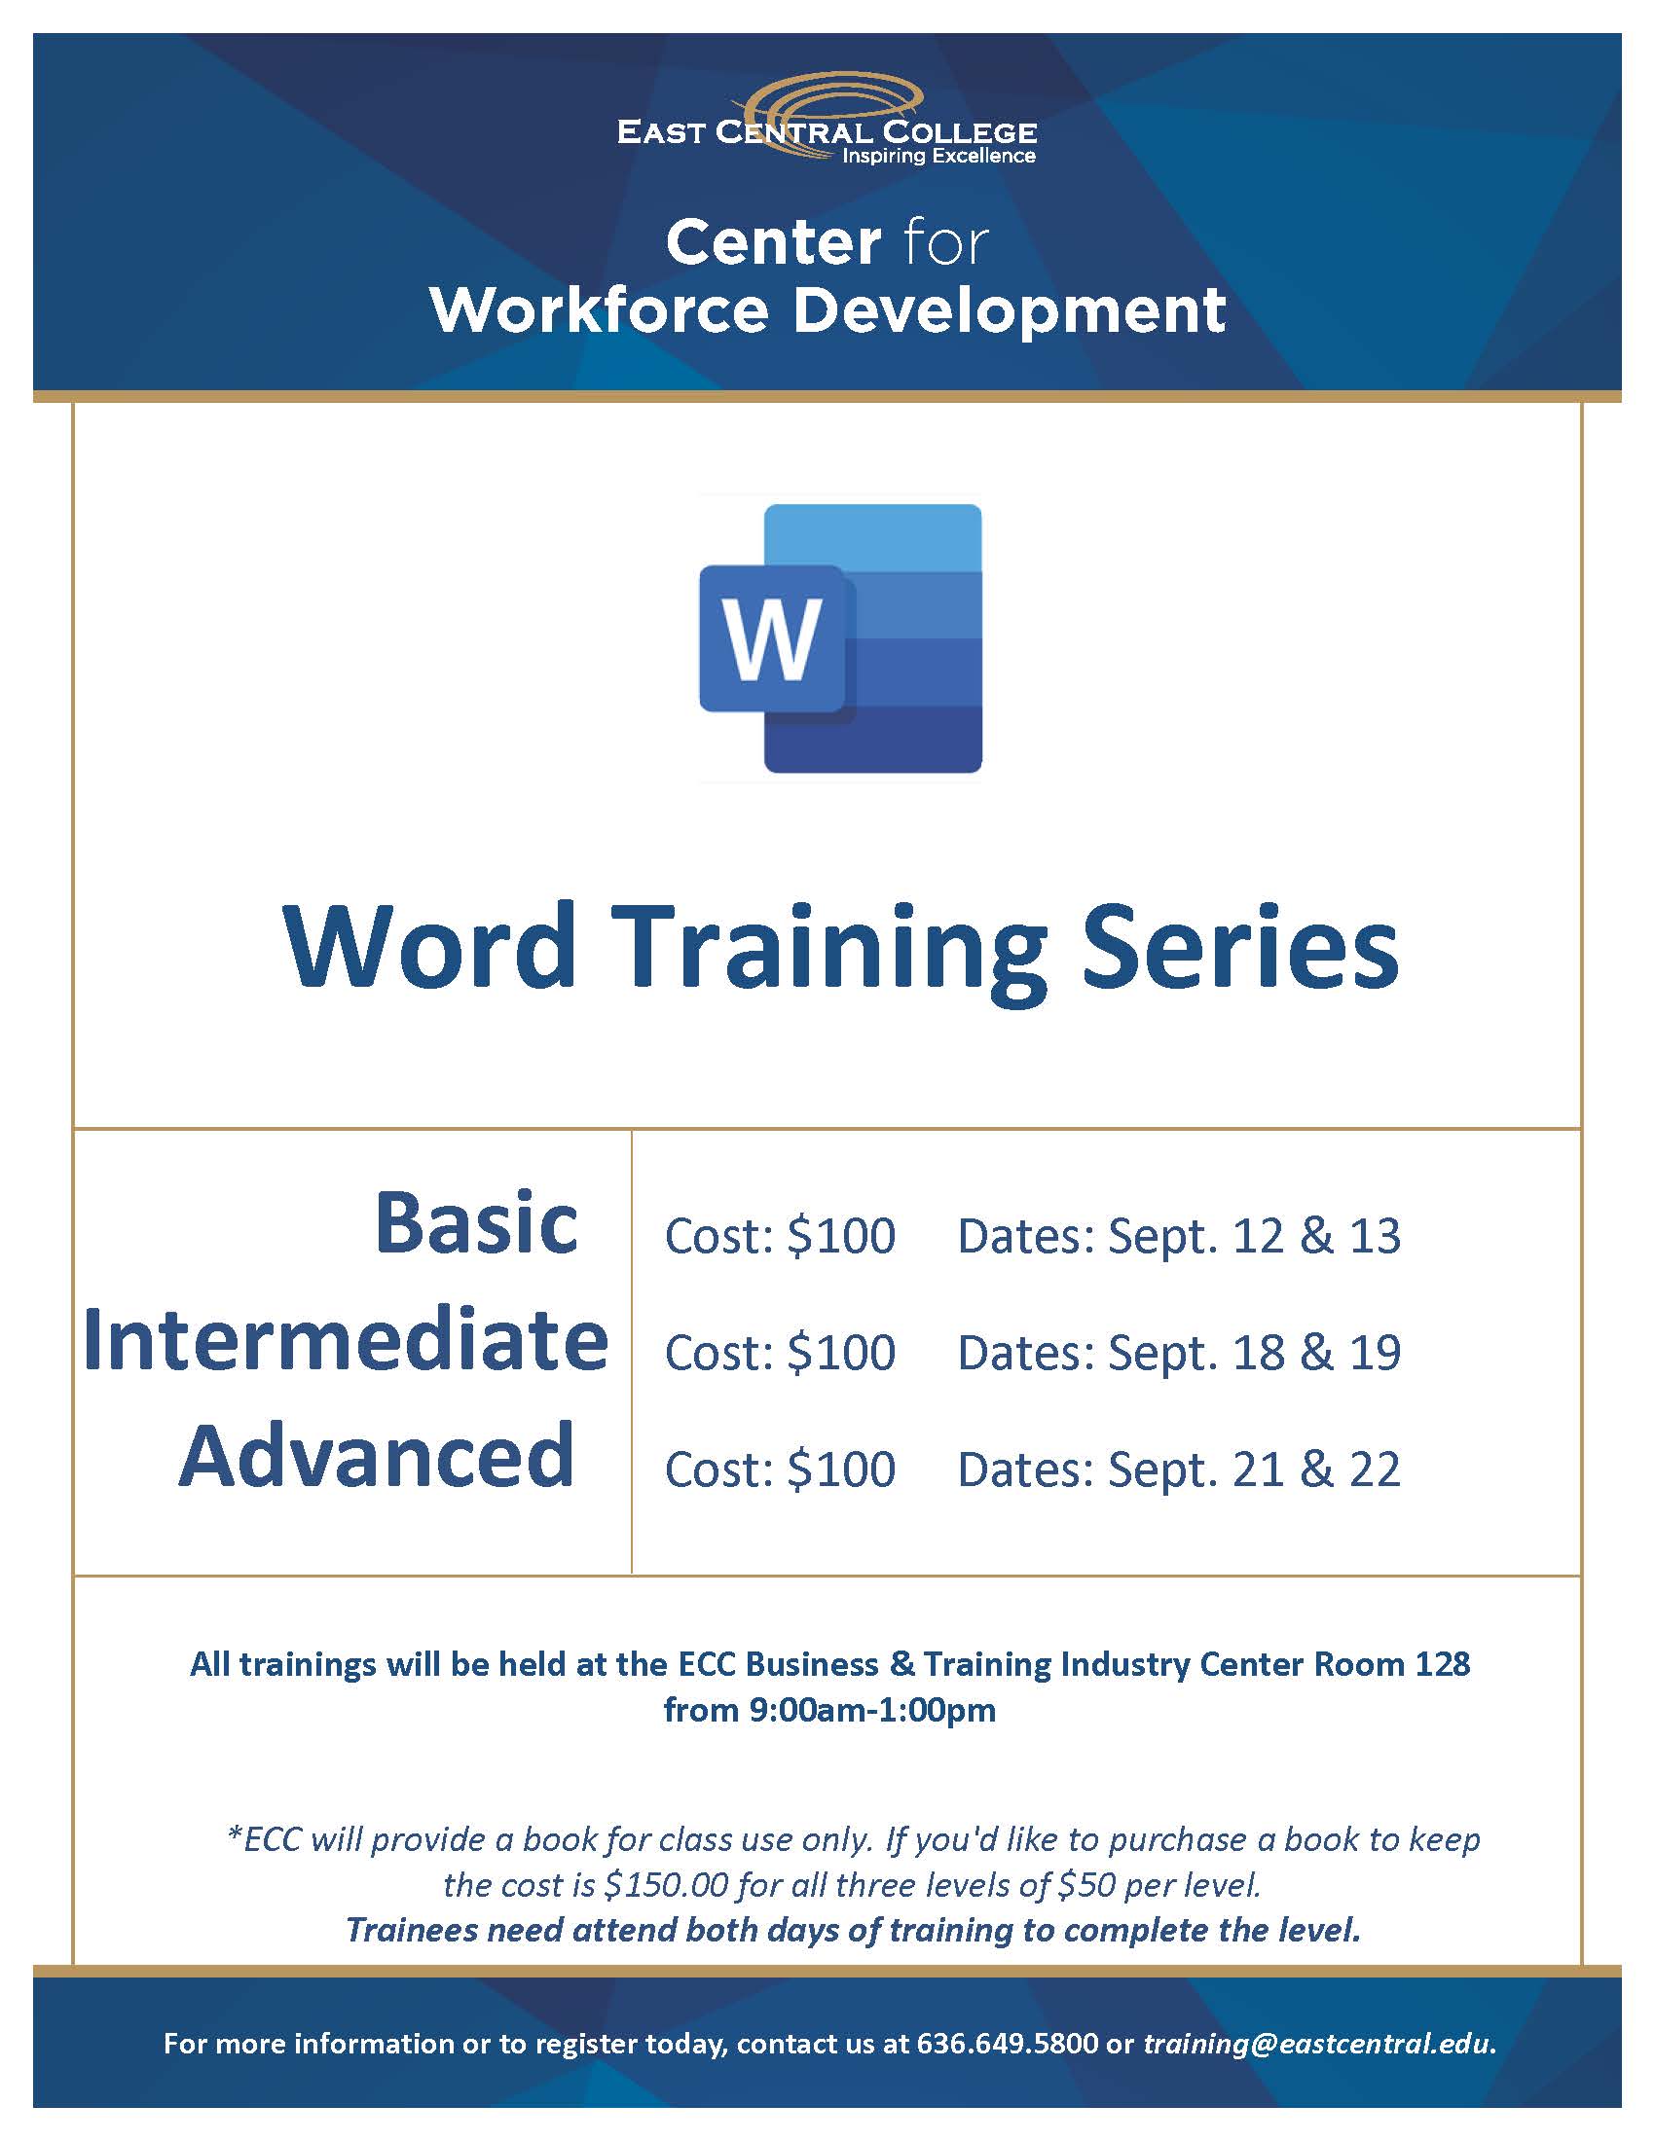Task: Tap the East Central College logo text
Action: point(827,132)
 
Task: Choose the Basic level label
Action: point(476,1222)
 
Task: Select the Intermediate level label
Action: point(347,1339)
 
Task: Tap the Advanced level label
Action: point(378,1455)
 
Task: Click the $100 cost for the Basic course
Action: point(841,1235)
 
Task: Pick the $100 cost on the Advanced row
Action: point(841,1469)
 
